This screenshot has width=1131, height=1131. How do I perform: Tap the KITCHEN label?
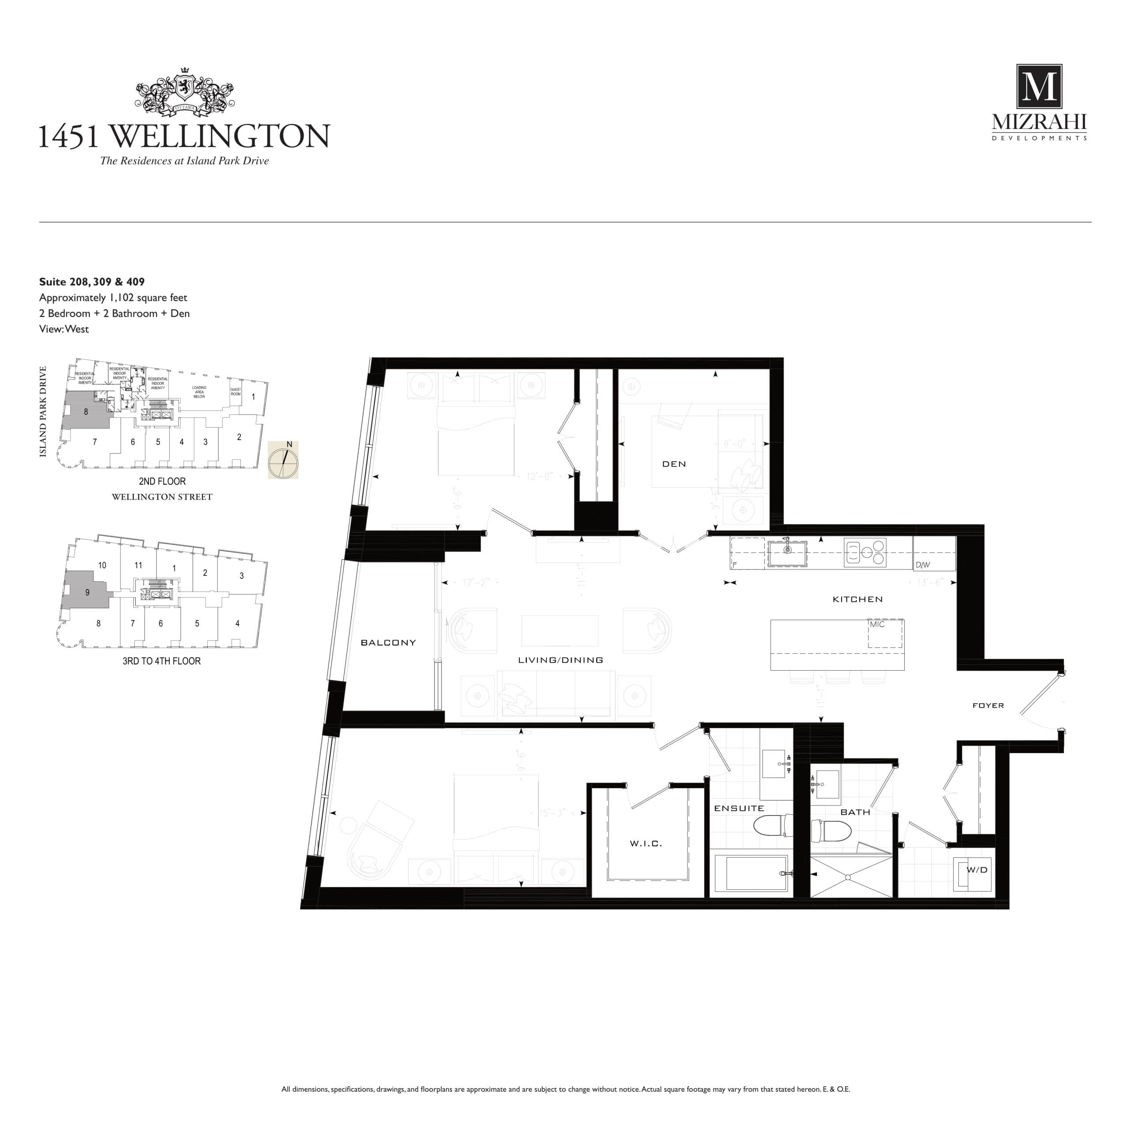(x=858, y=600)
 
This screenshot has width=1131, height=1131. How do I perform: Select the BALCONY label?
(x=388, y=643)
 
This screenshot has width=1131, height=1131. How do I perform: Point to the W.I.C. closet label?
(x=646, y=843)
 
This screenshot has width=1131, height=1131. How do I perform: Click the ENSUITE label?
(x=739, y=808)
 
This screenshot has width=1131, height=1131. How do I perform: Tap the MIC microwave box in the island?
(x=884, y=634)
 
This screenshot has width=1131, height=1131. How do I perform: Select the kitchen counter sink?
(x=787, y=553)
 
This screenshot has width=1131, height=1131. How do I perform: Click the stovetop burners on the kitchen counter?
(x=865, y=552)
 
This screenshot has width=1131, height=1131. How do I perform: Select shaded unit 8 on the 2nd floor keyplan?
(x=85, y=412)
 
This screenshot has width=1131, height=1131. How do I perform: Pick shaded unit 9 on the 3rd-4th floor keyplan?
(x=87, y=592)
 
